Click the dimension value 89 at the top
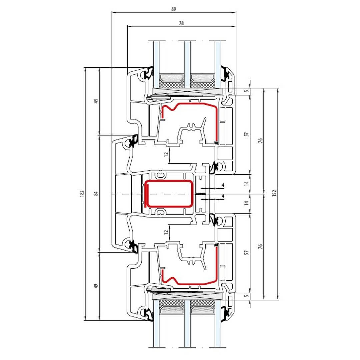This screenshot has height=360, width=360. pyautogui.click(x=174, y=9)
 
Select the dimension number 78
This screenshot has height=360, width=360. pyautogui.click(x=181, y=23)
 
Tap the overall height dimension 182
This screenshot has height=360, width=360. pyautogui.click(x=82, y=194)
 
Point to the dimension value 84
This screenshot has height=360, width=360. pyautogui.click(x=96, y=194)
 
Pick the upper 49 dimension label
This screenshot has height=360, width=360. pyautogui.click(x=96, y=101)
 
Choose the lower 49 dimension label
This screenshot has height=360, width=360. pyautogui.click(x=96, y=286)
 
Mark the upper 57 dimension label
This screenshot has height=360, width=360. pyautogui.click(x=247, y=134)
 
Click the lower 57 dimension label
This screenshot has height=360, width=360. pyautogui.click(x=247, y=253)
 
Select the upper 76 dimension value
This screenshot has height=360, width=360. pyautogui.click(x=260, y=141)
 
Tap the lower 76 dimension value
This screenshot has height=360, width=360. pyautogui.click(x=260, y=247)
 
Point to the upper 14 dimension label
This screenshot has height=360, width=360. pyautogui.click(x=247, y=183)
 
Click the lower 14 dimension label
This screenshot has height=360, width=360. pyautogui.click(x=247, y=203)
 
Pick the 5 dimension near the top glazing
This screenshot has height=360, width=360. pyautogui.click(x=247, y=91)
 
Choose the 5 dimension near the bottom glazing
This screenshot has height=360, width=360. pyautogui.click(x=247, y=296)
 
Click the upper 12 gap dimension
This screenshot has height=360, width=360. pyautogui.click(x=166, y=154)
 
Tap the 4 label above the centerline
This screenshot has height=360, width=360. pyautogui.click(x=223, y=185)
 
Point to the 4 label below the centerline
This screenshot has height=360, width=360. pyautogui.click(x=223, y=196)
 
